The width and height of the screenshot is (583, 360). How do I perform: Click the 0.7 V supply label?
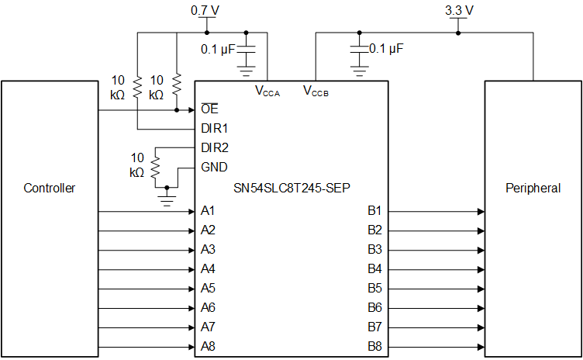(205, 11)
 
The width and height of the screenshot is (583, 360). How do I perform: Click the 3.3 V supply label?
(459, 11)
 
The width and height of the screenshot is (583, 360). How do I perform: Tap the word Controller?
(50, 188)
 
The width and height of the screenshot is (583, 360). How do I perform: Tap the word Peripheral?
(533, 188)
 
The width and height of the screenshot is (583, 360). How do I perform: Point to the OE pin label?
(209, 109)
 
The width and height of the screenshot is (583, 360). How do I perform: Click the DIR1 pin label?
(215, 128)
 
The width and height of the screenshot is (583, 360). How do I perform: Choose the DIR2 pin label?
(215, 147)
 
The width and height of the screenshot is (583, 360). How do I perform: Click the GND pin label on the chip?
(214, 167)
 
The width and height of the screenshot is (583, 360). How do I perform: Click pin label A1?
(208, 211)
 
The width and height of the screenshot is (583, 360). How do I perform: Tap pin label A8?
(208, 346)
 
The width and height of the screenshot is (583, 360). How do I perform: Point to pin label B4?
(374, 269)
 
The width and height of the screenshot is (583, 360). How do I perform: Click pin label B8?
(374, 346)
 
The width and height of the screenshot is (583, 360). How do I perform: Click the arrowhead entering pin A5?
(190, 289)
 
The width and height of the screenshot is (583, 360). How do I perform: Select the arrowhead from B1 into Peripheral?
(481, 211)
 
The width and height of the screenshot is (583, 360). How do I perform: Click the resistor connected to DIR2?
(155, 166)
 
